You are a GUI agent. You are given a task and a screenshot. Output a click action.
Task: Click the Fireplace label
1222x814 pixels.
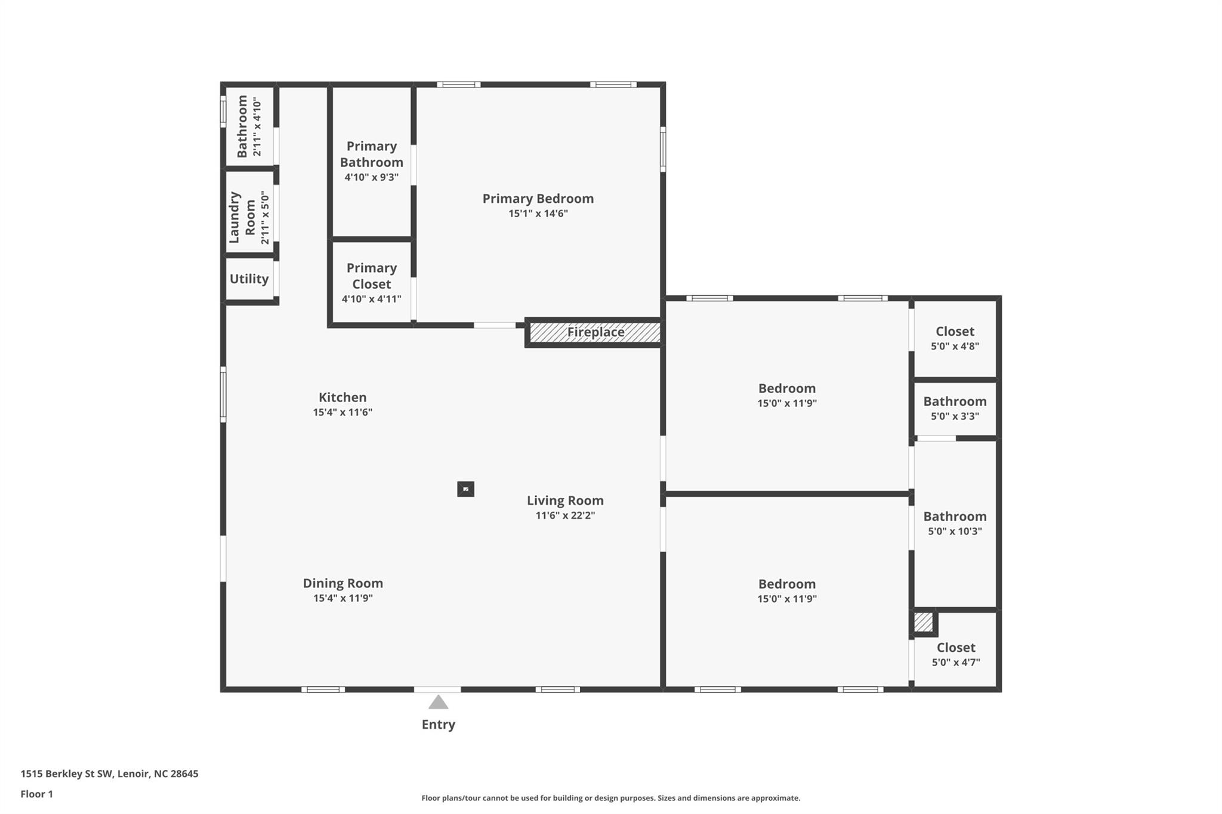[595, 332]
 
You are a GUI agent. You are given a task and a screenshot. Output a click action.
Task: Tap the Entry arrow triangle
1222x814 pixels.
[439, 702]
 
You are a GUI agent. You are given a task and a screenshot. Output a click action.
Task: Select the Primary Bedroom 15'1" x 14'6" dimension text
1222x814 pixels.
[538, 213]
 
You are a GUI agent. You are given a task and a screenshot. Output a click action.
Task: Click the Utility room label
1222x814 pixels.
[249, 279]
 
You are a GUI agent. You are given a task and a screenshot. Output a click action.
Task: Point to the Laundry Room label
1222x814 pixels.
[242, 217]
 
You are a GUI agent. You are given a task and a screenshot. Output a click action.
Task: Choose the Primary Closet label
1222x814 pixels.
[371, 276]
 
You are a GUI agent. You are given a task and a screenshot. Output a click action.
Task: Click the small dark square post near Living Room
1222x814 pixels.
[465, 489]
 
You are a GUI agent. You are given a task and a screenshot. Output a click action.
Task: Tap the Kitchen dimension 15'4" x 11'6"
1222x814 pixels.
[342, 412]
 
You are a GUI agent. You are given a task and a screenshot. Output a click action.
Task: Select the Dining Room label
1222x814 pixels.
[342, 583]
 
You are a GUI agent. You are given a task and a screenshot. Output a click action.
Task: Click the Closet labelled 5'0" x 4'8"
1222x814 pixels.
[955, 332]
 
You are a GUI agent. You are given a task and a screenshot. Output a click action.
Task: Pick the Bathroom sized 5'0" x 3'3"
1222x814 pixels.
[955, 402]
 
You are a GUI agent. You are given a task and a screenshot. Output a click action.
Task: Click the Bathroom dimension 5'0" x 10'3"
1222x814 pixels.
[955, 531]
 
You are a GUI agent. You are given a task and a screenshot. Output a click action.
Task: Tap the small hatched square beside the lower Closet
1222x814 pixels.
[923, 623]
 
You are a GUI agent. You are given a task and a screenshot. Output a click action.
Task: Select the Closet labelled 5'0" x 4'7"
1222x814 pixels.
[956, 648]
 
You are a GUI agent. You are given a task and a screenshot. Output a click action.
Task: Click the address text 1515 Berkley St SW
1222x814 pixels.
[67, 773]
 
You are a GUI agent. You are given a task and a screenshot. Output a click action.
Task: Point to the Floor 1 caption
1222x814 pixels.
[36, 794]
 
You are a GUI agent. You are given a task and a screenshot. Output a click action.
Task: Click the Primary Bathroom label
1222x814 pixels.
[371, 154]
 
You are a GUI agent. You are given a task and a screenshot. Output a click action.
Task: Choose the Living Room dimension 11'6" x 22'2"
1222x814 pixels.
[565, 515]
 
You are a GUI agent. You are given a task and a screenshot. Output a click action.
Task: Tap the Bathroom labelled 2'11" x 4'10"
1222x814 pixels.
[242, 126]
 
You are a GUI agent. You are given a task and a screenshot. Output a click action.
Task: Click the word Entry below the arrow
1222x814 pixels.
[439, 725]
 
